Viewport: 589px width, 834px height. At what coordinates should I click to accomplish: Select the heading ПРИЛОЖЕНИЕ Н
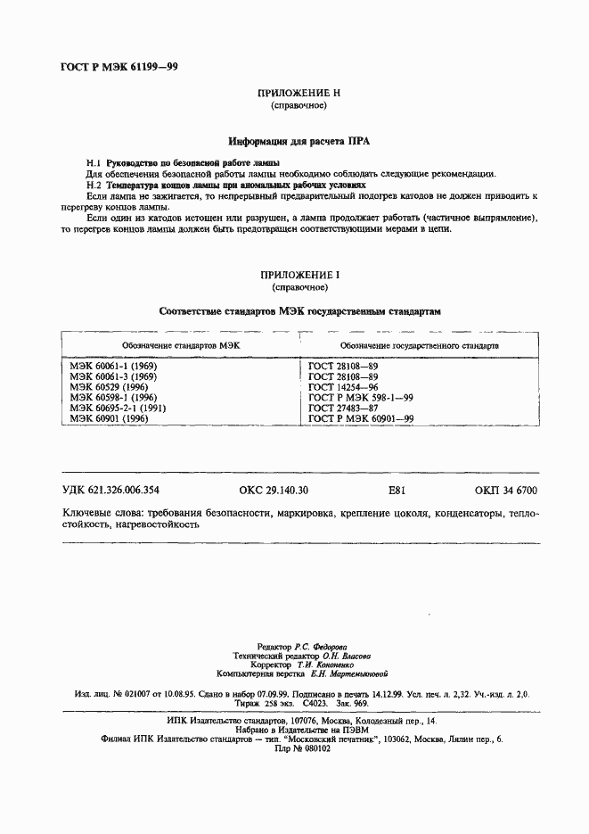coord(299,94)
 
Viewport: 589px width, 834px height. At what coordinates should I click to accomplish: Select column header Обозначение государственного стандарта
coord(420,344)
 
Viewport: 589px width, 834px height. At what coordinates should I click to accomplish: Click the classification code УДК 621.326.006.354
coord(110,491)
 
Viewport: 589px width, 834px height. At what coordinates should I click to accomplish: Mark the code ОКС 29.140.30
coord(274,491)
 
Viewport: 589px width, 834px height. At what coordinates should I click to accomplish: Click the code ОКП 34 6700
coord(507,491)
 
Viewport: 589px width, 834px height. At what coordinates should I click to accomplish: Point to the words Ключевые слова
coord(97,515)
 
